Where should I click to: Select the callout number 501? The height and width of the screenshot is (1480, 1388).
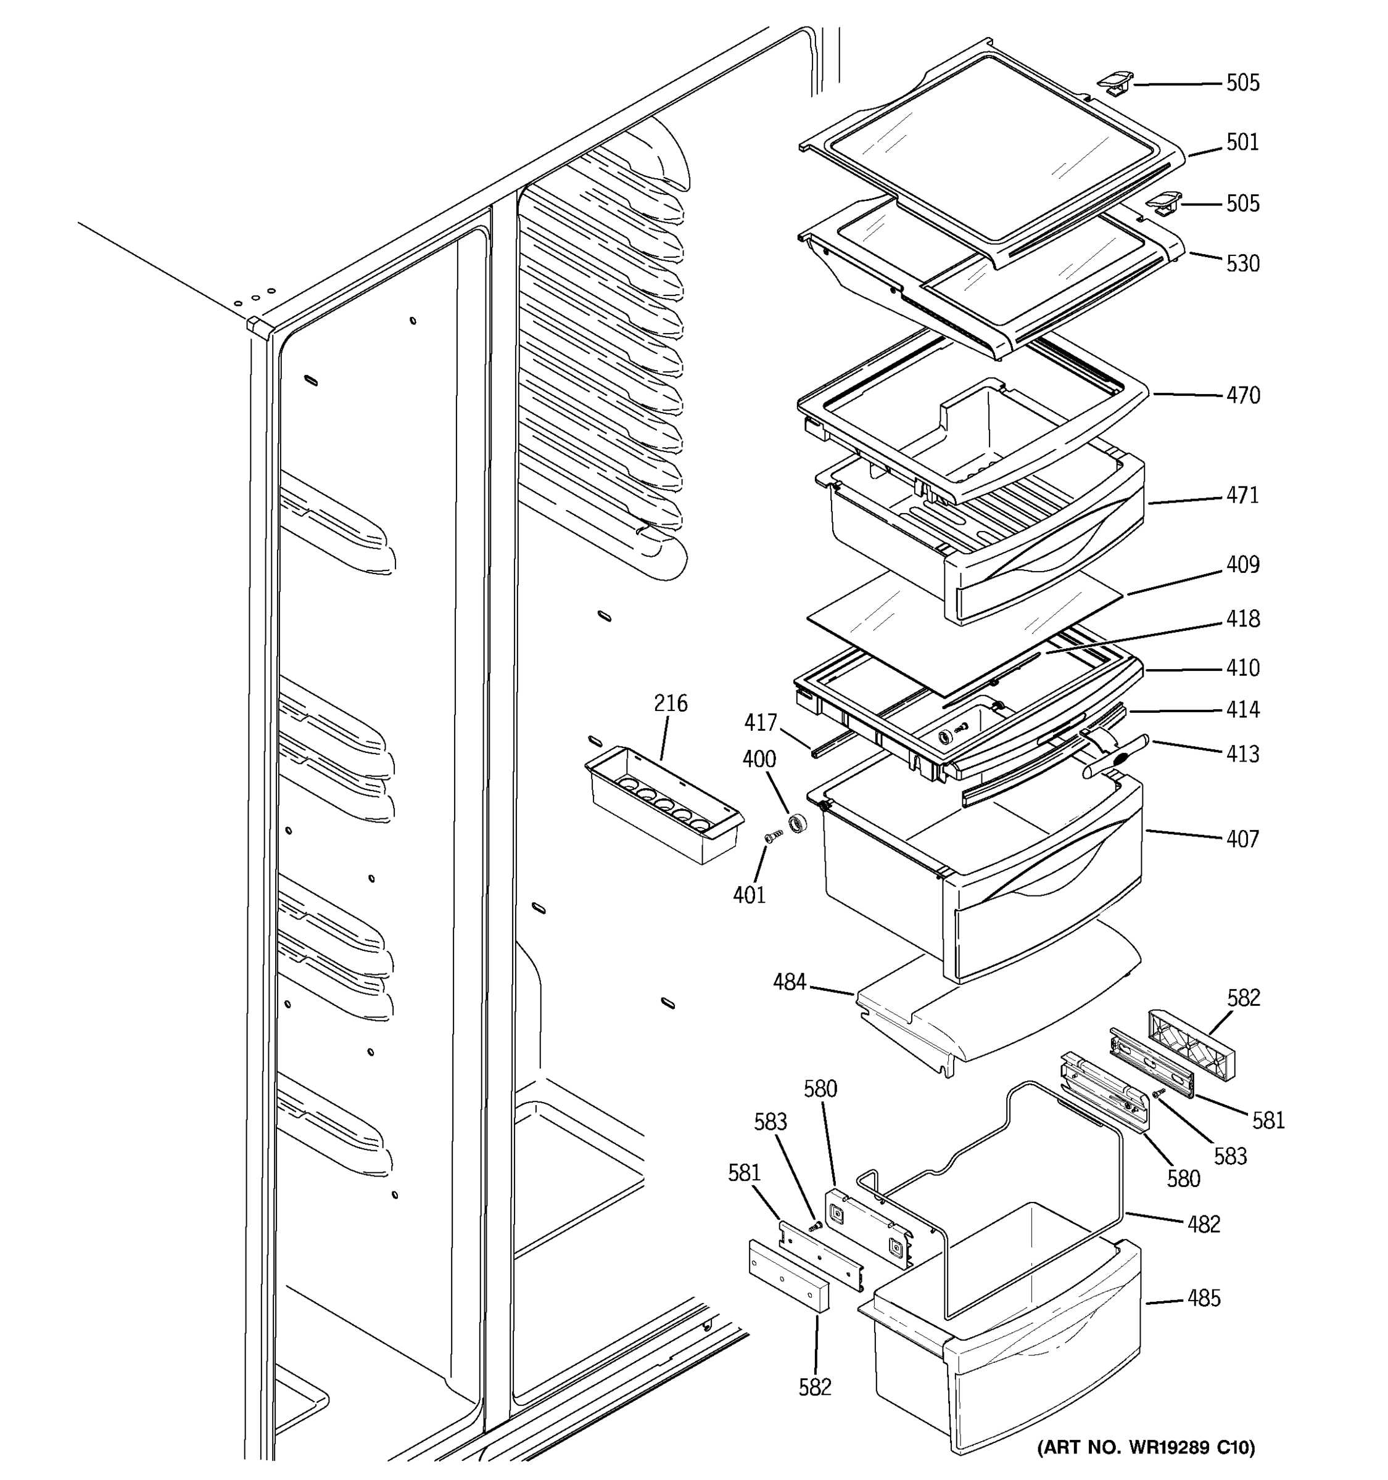point(1242,142)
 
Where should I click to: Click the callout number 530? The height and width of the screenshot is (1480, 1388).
point(1242,263)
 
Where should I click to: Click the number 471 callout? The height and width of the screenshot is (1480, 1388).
point(1242,495)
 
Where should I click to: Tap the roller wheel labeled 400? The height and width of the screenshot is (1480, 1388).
point(798,823)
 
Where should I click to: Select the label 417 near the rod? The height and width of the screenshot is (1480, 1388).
point(760,722)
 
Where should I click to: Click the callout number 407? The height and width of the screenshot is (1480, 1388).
point(1242,839)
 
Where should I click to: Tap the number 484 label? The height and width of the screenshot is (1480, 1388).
point(790,983)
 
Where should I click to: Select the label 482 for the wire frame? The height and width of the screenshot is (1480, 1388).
point(1204,1225)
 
